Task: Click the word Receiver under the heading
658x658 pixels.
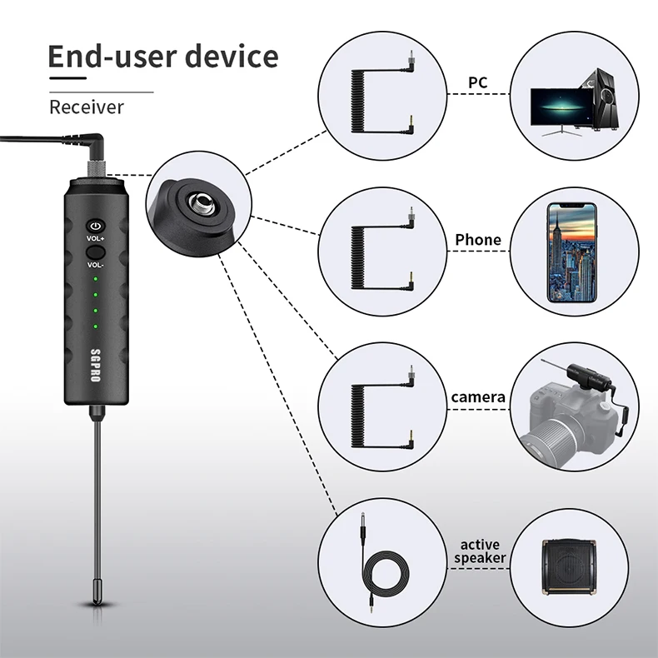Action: (x=86, y=107)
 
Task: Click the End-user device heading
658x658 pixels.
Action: (x=162, y=57)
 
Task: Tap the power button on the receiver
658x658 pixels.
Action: (x=96, y=226)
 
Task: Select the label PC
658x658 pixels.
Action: (x=477, y=82)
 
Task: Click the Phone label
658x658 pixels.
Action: (x=477, y=240)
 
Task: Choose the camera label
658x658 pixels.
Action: (x=477, y=397)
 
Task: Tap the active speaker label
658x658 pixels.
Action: (x=479, y=551)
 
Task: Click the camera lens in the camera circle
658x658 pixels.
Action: (x=553, y=438)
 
